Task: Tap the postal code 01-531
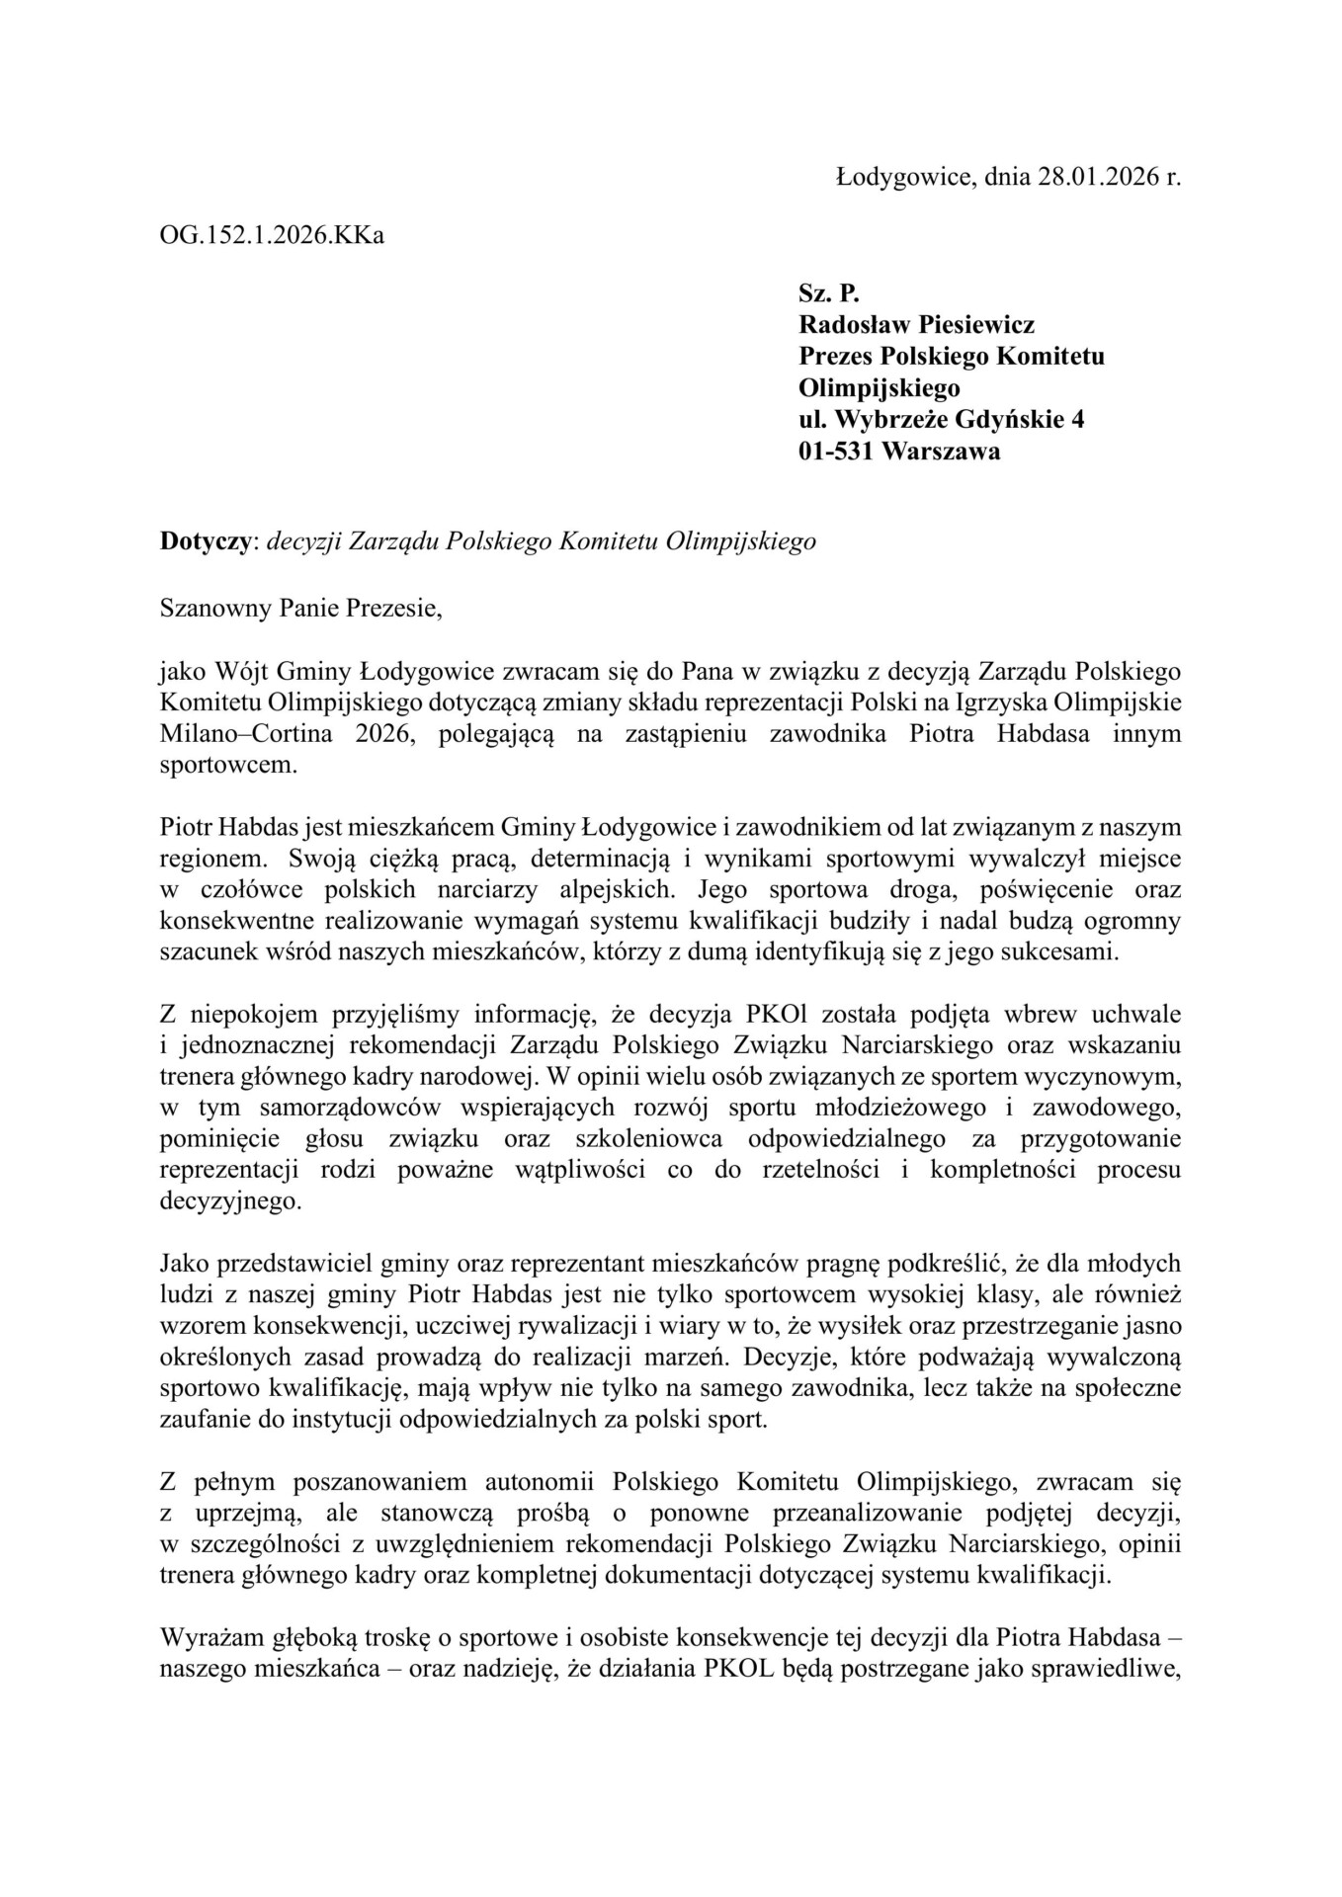pyautogui.click(x=835, y=452)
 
